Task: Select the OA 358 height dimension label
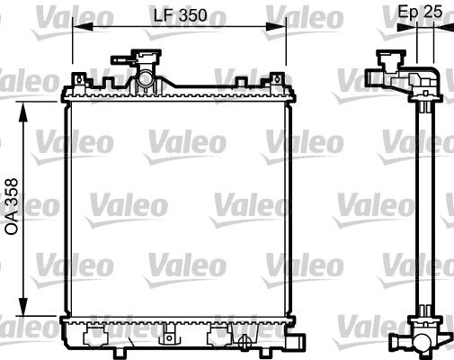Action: (12, 205)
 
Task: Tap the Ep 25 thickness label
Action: (420, 13)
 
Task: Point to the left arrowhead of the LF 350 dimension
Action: (76, 28)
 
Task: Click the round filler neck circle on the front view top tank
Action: (144, 82)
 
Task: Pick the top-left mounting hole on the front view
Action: (79, 82)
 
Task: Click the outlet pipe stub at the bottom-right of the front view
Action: (292, 345)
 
